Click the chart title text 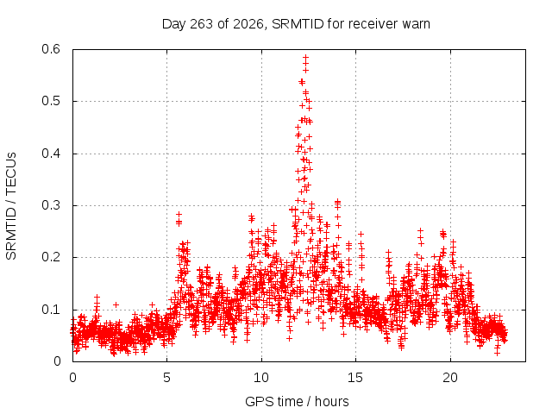(296, 24)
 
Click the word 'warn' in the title (417, 24)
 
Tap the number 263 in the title (202, 24)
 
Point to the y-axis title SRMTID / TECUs (11, 206)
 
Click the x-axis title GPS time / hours (297, 401)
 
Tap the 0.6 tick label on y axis (51, 49)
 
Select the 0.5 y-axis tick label (51, 101)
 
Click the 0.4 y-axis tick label (51, 154)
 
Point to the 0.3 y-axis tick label (51, 205)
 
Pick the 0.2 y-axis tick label (51, 257)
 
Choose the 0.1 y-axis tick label (51, 310)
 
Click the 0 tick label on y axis (57, 361)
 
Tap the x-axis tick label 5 (166, 378)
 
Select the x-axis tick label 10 (261, 378)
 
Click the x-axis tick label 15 (355, 378)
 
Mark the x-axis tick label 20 (450, 378)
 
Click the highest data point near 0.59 (306, 57)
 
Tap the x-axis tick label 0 (72, 378)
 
